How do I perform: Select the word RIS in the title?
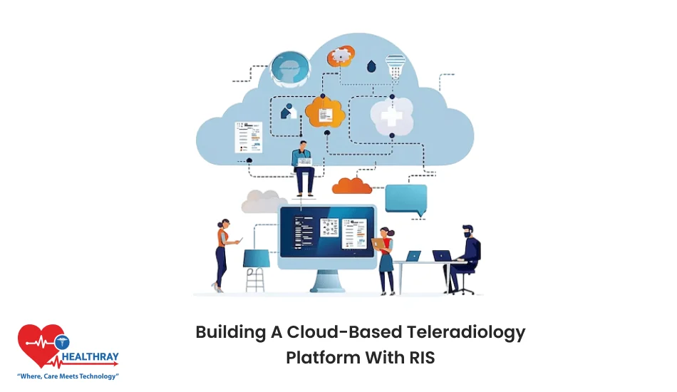tap(419, 356)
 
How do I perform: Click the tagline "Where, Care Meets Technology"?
tap(68, 375)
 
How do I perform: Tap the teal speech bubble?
tap(406, 199)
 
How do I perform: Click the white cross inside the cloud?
tap(391, 116)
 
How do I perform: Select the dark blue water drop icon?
tap(371, 66)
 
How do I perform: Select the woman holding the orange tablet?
tap(386, 258)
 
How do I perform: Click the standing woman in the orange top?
tap(223, 253)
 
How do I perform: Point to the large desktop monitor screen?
tap(327, 232)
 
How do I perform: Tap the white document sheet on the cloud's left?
tap(248, 136)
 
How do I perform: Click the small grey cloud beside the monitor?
tap(261, 202)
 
